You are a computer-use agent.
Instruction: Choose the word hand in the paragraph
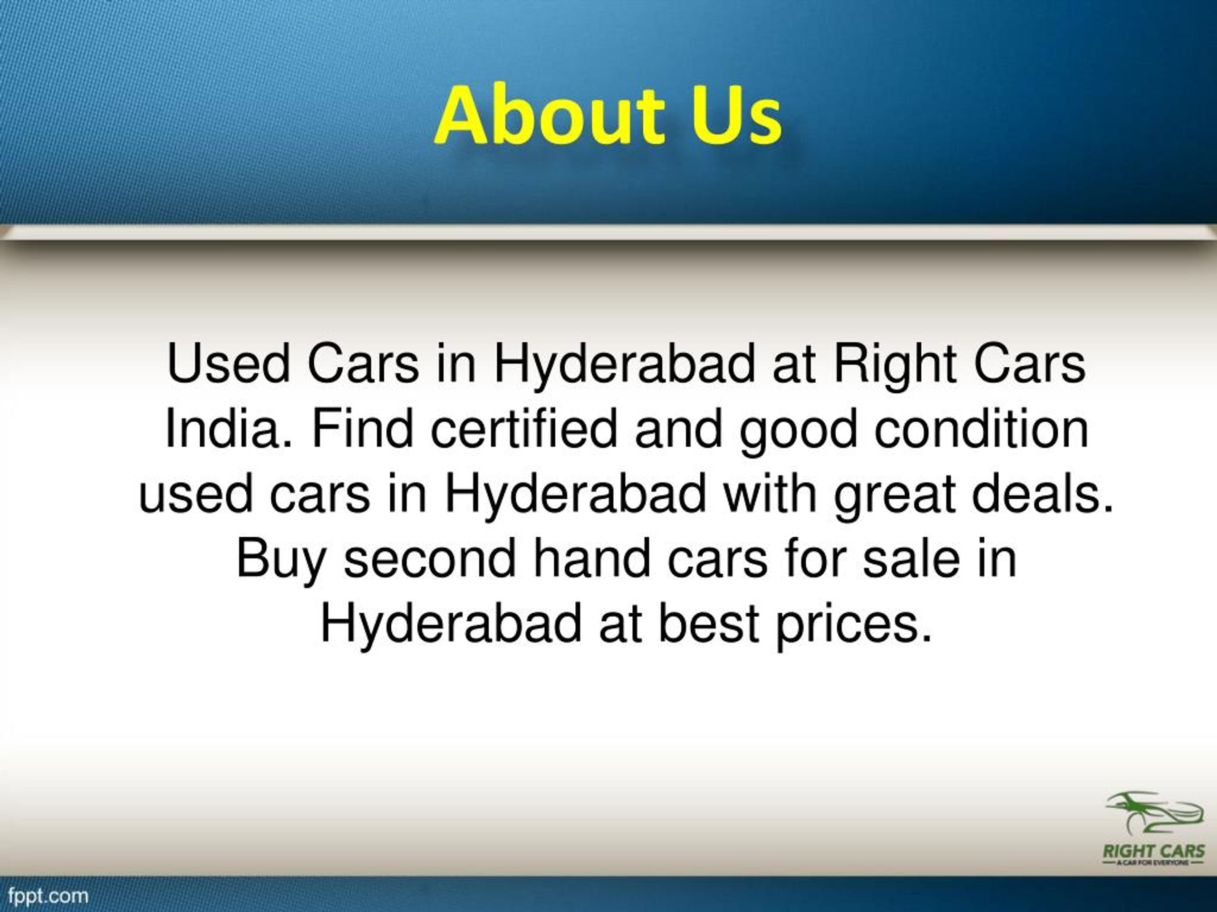click(x=591, y=559)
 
